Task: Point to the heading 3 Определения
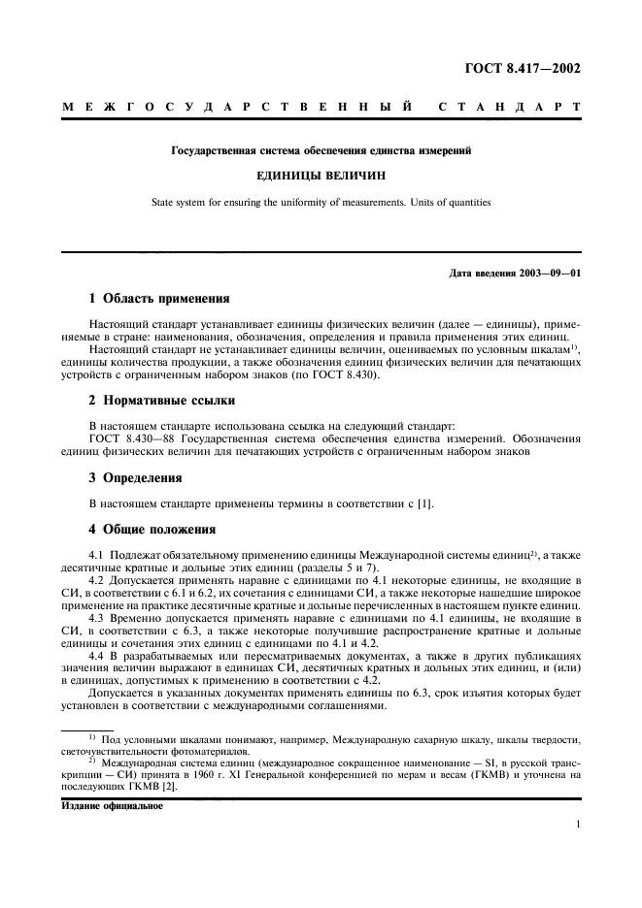(x=135, y=477)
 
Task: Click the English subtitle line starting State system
(x=321, y=203)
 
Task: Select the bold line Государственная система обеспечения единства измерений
(x=321, y=151)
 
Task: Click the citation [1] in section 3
(x=425, y=503)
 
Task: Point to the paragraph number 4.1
(x=97, y=554)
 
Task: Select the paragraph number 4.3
(x=97, y=617)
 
